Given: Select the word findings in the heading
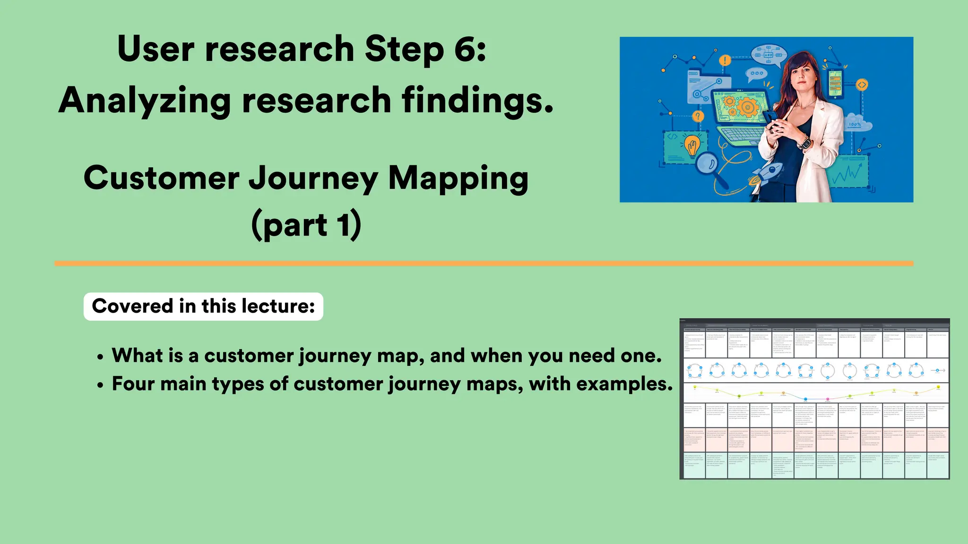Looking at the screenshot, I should [477, 101].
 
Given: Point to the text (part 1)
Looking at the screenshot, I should [306, 225].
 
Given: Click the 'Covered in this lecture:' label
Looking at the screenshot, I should [203, 306].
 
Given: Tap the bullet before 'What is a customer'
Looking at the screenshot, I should [100, 357].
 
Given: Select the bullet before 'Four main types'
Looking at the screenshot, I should [100, 385].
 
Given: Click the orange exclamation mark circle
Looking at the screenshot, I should [725, 60].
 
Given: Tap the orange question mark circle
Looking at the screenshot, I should [698, 116].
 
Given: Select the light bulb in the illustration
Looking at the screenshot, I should [693, 144].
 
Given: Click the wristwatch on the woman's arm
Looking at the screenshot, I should [804, 142].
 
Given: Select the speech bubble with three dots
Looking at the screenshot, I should [756, 74].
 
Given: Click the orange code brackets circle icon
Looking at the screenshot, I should [862, 85].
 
